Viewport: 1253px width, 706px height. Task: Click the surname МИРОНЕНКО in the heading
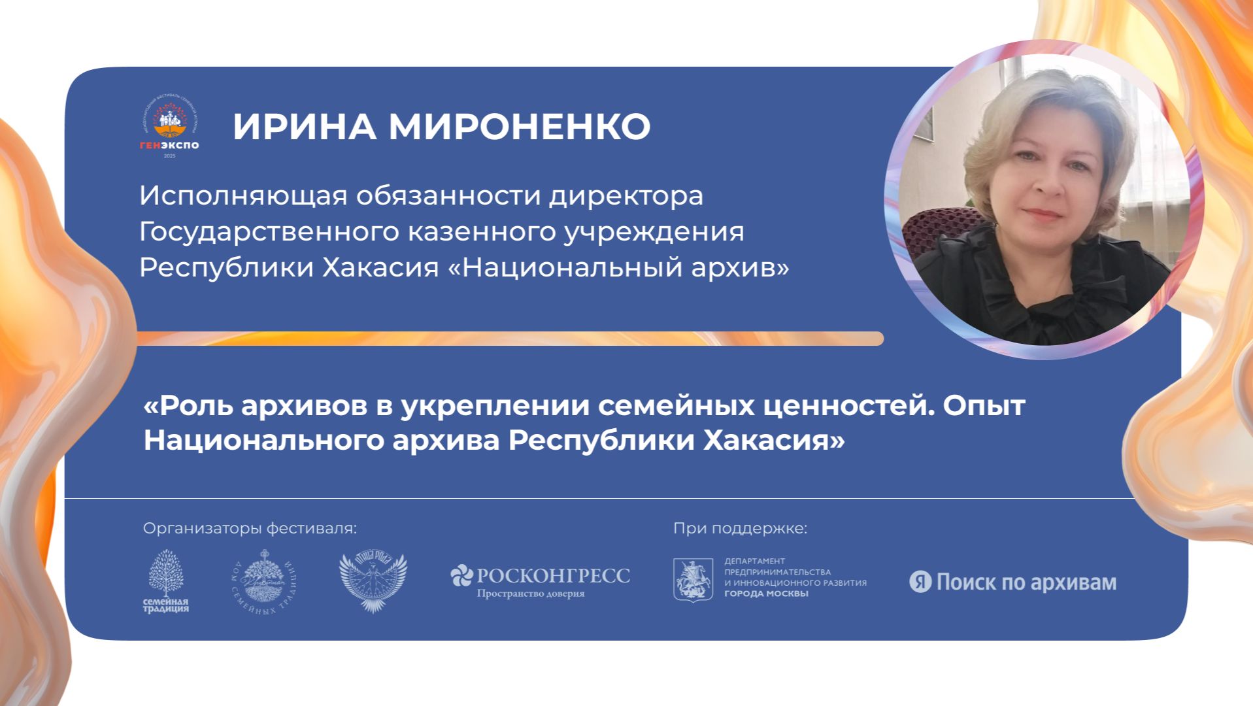click(x=520, y=126)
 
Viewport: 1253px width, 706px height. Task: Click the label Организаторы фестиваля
click(x=250, y=528)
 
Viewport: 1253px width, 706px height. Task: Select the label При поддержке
click(x=740, y=528)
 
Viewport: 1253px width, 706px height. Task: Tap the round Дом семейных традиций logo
click(x=264, y=582)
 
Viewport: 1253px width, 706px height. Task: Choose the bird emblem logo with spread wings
click(x=373, y=582)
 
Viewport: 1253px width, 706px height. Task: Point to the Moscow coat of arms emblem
click(x=693, y=580)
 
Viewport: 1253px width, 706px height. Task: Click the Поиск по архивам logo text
click(x=1026, y=582)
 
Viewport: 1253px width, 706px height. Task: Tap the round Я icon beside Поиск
click(x=920, y=582)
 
